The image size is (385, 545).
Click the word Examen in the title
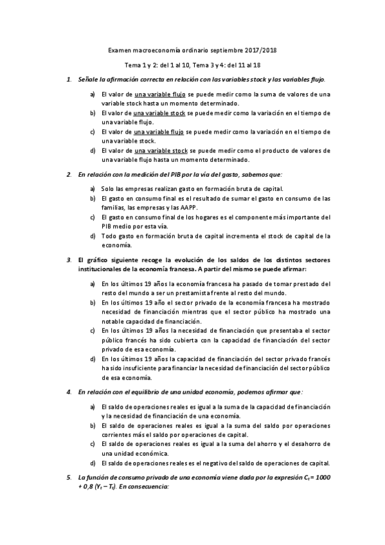point(120,50)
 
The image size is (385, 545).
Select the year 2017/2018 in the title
point(264,50)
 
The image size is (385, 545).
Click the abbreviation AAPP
point(189,208)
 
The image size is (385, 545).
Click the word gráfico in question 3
point(98,260)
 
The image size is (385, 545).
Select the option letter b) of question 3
point(93,303)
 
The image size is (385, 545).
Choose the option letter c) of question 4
point(93,443)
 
